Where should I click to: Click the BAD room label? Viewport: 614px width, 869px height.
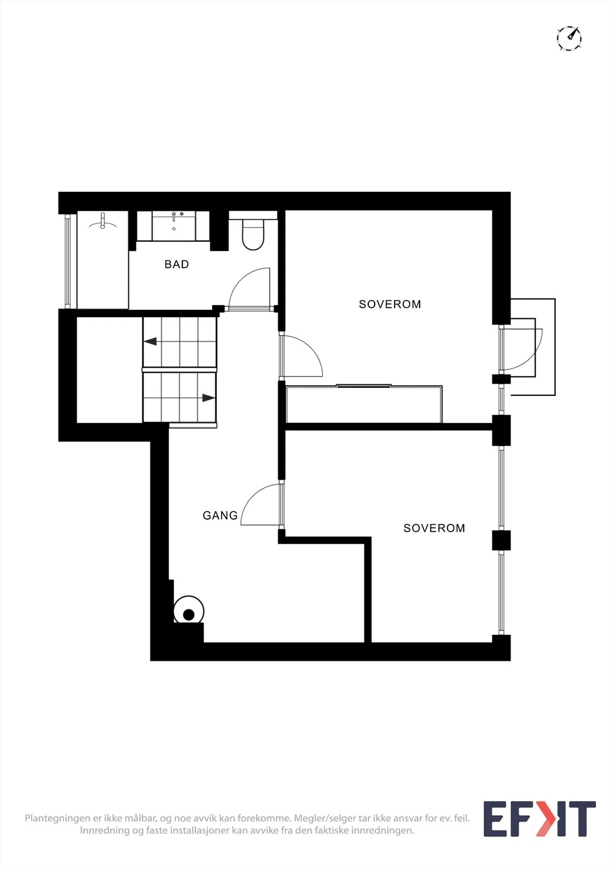pyautogui.click(x=176, y=264)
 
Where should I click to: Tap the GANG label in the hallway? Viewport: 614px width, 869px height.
pyautogui.click(x=220, y=515)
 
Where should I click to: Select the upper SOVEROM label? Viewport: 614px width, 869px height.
pyautogui.click(x=390, y=304)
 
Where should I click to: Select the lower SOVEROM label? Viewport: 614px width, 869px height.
pyautogui.click(x=434, y=528)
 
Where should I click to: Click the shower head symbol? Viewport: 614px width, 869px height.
pyautogui.click(x=103, y=221)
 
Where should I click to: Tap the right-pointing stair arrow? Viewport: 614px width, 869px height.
pyautogui.click(x=208, y=398)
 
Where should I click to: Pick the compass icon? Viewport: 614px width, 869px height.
pyautogui.click(x=569, y=38)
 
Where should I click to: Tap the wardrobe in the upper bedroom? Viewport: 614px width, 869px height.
pyautogui.click(x=364, y=404)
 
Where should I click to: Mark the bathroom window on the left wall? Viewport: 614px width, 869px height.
pyautogui.click(x=67, y=261)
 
